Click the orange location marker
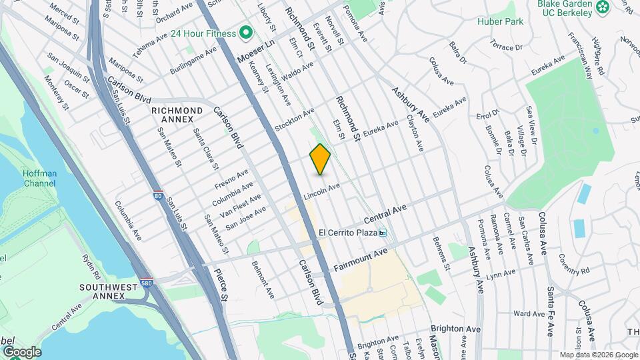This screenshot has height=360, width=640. [x=321, y=159]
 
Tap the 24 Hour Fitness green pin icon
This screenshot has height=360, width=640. [x=245, y=32]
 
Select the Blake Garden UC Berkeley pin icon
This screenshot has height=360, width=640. [x=603, y=7]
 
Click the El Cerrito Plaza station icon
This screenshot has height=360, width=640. [x=383, y=233]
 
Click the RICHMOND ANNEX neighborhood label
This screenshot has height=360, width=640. [x=177, y=115]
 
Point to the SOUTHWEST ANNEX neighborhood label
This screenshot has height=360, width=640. [x=108, y=291]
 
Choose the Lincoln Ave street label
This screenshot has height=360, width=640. [x=323, y=191]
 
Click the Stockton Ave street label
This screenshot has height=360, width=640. [x=294, y=118]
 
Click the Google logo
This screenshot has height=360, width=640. [x=21, y=351]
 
